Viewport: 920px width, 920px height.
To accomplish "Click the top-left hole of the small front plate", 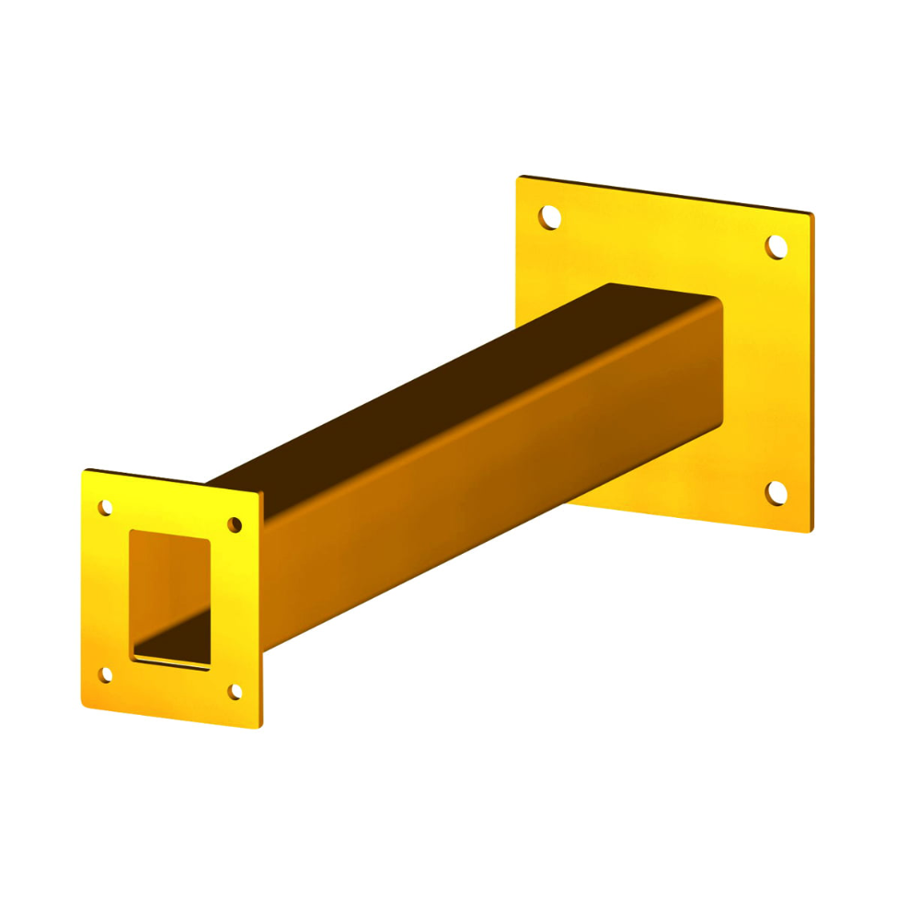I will [105, 507].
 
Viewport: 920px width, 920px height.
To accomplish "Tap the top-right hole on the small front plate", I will [235, 524].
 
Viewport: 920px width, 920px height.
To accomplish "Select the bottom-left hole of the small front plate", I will [105, 675].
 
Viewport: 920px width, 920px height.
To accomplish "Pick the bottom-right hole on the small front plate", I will [235, 692].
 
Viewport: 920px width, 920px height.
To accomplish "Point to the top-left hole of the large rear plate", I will [549, 218].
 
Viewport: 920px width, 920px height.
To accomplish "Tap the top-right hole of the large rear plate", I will [776, 247].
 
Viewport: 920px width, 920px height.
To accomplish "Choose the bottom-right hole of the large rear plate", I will [776, 493].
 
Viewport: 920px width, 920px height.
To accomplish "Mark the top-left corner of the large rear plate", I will [519, 178].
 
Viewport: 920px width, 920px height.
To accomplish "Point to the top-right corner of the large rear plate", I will [812, 213].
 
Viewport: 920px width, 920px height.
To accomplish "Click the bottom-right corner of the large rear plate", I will [811, 532].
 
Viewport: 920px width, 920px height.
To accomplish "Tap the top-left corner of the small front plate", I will [84, 472].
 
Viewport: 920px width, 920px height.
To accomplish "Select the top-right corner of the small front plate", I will [259, 493].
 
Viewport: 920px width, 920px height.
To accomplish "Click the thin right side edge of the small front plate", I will [261, 607].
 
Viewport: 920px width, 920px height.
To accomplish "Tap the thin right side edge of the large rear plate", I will [813, 368].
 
